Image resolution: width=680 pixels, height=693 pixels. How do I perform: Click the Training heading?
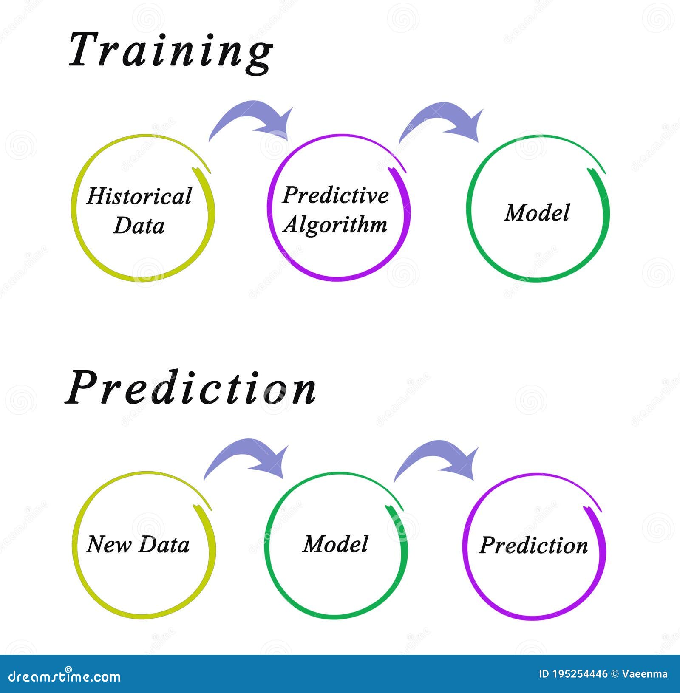pos(170,51)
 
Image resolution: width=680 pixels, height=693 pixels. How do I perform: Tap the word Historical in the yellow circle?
pos(139,196)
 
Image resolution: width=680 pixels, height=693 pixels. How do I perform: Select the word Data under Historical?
pos(139,225)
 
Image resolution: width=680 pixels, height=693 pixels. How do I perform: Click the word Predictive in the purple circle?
pos(335,195)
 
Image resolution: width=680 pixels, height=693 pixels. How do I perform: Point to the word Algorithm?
pos(335,225)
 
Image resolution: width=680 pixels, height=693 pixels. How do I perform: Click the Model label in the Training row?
pos(537,213)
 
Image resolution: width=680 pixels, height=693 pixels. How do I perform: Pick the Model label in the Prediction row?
pos(335,544)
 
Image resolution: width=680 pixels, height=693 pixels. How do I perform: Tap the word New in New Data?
pos(108,544)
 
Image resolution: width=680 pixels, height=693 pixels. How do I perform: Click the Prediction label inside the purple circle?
pos(533,546)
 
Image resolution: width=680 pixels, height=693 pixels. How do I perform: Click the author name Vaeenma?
pos(645,674)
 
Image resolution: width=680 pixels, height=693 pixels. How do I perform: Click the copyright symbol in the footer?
pos(615,674)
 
